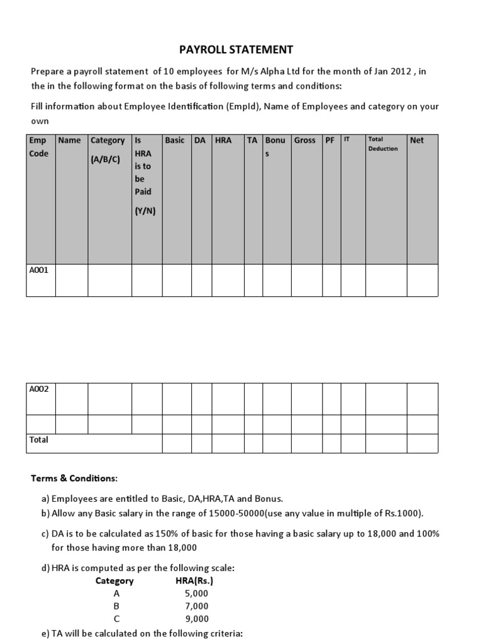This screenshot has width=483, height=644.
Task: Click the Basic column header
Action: [175, 140]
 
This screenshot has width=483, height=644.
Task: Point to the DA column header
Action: [200, 140]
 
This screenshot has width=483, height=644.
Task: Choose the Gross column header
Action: [305, 140]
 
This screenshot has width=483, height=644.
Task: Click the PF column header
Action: [330, 140]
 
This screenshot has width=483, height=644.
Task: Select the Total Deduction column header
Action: [383, 144]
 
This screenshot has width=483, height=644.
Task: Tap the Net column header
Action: [417, 140]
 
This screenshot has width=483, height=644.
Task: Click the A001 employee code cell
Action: [39, 270]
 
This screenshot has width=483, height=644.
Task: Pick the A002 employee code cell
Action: [39, 389]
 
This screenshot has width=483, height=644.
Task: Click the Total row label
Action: [39, 440]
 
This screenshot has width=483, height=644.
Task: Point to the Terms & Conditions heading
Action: [74, 479]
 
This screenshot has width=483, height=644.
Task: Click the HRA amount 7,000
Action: [196, 606]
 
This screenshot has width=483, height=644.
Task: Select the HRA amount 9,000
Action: [196, 618]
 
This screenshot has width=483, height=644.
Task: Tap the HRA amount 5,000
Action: [196, 593]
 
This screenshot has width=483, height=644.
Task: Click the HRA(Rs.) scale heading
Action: [195, 580]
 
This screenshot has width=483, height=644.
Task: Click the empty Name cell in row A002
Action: [72, 399]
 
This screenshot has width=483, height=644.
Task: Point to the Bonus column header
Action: [275, 147]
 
